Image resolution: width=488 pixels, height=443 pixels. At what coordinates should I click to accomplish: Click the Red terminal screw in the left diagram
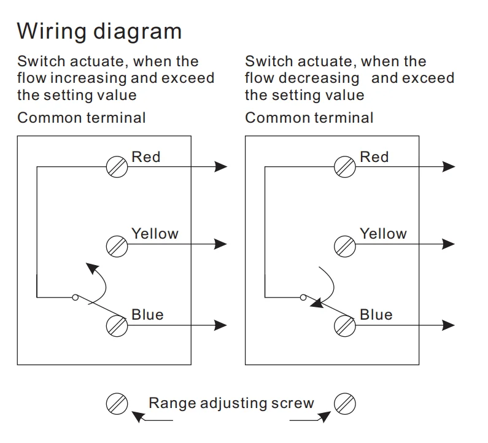[x=117, y=167]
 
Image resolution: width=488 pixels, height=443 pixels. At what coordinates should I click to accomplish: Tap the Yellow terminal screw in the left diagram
[x=117, y=246]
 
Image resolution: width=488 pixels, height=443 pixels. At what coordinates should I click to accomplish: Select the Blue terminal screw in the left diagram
[x=117, y=326]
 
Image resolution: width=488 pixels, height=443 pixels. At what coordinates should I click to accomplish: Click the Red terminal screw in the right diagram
[x=345, y=167]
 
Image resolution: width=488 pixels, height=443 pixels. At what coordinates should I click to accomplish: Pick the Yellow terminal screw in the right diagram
[x=345, y=246]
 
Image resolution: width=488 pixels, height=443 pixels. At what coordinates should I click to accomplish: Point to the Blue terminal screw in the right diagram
[x=345, y=326]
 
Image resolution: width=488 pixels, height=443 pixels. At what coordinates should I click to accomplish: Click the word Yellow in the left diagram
[x=155, y=234]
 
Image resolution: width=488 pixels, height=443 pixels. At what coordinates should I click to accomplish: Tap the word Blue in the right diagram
[x=376, y=315]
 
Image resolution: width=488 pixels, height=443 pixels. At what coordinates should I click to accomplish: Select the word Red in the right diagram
[x=374, y=157]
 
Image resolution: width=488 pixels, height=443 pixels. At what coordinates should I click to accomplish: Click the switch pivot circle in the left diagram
[x=75, y=298]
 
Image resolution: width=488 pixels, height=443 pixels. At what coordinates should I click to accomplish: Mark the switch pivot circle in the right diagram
[x=303, y=298]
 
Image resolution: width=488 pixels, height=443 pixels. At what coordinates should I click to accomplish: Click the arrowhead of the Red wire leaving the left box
[x=221, y=167]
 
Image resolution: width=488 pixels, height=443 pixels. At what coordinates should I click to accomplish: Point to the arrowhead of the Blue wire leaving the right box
[x=449, y=325]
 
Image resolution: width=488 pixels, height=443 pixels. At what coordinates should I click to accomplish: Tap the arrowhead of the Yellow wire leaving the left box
[x=220, y=244]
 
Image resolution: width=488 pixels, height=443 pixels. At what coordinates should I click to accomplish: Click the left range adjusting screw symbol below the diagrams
[x=117, y=404]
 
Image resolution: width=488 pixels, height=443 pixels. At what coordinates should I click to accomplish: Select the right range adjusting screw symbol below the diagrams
[x=345, y=404]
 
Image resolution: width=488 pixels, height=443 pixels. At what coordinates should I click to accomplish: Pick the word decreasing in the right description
[x=319, y=78]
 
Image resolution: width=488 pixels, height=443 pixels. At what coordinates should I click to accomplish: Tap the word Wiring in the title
[x=52, y=31]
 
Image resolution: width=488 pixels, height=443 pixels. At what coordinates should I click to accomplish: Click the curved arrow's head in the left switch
[x=92, y=268]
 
